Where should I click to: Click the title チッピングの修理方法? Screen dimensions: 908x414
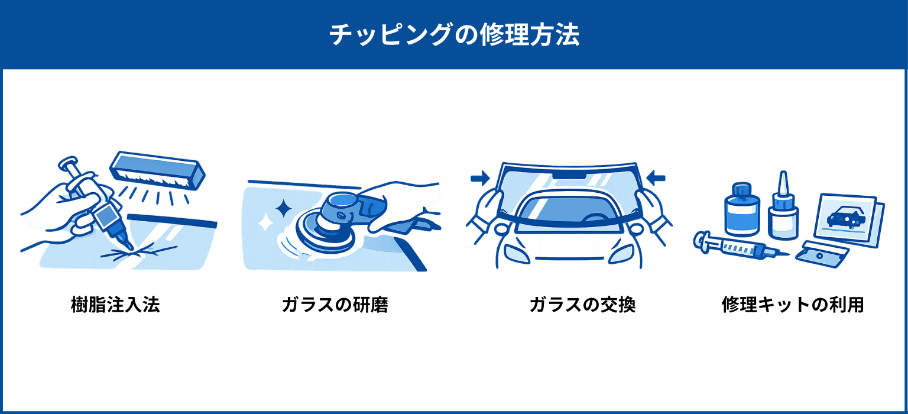454,35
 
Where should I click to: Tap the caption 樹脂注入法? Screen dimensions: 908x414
115,305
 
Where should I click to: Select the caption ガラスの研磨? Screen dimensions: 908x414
335,305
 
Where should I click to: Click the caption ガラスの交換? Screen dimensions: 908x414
582,305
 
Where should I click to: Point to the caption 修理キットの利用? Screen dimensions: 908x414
793,305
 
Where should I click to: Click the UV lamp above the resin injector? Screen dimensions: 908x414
157,170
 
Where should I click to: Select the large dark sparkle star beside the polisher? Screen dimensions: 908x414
283,209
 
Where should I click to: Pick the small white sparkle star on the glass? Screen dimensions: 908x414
265,222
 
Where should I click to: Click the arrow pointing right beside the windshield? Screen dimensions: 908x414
481,178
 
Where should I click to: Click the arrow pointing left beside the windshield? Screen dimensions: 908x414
656,177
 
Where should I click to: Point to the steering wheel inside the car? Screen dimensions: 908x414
596,218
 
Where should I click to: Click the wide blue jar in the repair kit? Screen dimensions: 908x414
742,209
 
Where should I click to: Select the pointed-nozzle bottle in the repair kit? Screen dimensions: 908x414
783,206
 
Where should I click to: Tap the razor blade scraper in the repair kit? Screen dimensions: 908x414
822,254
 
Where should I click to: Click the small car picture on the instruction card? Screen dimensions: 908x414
846,217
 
